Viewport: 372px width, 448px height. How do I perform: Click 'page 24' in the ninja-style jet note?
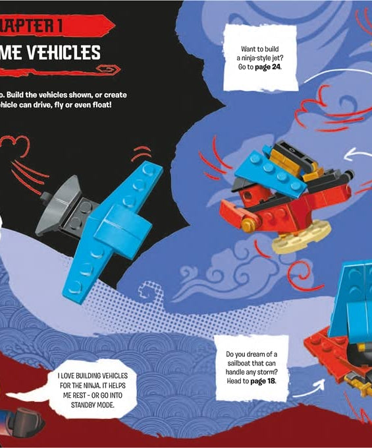[x=269, y=67]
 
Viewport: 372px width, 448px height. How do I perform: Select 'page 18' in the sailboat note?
[x=263, y=381]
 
